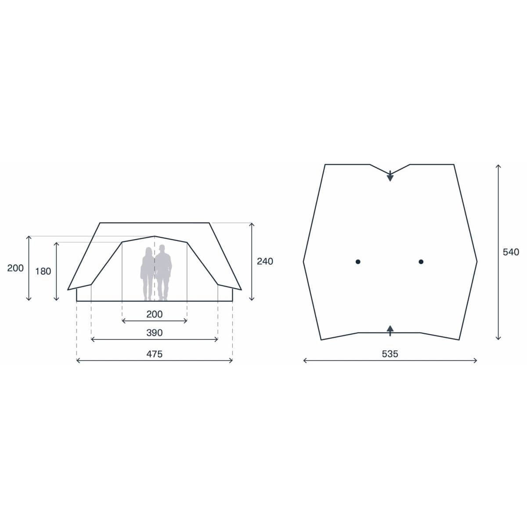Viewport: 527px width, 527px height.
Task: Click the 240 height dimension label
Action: (x=265, y=261)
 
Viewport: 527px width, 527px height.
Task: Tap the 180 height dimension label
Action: (x=43, y=271)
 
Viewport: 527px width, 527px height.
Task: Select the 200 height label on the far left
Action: (x=15, y=268)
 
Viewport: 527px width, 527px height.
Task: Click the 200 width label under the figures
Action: (x=154, y=314)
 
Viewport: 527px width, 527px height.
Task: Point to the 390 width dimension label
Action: (x=154, y=333)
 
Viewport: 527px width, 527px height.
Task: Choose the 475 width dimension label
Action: (x=154, y=354)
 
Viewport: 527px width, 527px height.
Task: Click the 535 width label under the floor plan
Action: (x=390, y=354)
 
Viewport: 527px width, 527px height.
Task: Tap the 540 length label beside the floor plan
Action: (x=511, y=252)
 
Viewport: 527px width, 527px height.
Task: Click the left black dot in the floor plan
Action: (x=358, y=262)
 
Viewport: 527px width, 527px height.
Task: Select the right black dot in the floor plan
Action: (x=421, y=262)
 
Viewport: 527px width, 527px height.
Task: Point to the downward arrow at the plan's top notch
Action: (x=390, y=177)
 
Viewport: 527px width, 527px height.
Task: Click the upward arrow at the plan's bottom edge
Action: (x=390, y=328)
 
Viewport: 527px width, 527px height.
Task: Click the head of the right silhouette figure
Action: (x=162, y=249)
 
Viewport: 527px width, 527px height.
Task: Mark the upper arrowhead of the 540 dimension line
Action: (x=498, y=166)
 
